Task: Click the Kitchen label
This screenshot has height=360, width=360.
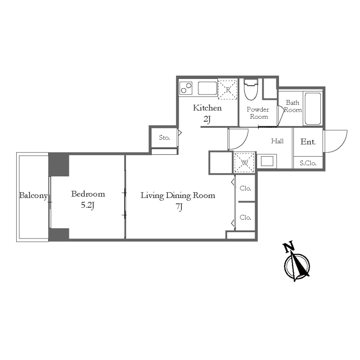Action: point(207,108)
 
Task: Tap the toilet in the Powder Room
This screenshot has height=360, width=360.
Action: point(251,90)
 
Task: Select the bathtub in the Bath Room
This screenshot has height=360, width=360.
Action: point(313,108)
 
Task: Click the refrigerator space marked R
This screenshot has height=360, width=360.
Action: point(228,90)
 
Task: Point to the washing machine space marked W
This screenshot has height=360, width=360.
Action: point(244,163)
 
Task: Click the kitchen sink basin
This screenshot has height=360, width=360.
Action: point(207,88)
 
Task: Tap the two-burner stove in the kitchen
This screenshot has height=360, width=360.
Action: point(186,88)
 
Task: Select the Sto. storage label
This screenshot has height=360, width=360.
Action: point(164,138)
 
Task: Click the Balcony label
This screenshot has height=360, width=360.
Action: point(33,195)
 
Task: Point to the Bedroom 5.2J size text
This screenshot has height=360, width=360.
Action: point(87,205)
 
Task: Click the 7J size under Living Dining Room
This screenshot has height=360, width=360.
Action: point(179,207)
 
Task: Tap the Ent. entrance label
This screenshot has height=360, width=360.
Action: point(308,142)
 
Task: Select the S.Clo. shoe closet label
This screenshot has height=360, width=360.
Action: point(308,163)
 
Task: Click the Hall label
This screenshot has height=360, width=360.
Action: point(277,141)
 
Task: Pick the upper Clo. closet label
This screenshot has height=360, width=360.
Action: point(245,188)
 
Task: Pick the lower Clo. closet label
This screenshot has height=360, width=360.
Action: point(245,217)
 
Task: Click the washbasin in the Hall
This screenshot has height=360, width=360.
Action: point(267,161)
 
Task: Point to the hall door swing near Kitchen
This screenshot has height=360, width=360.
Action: point(242,143)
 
